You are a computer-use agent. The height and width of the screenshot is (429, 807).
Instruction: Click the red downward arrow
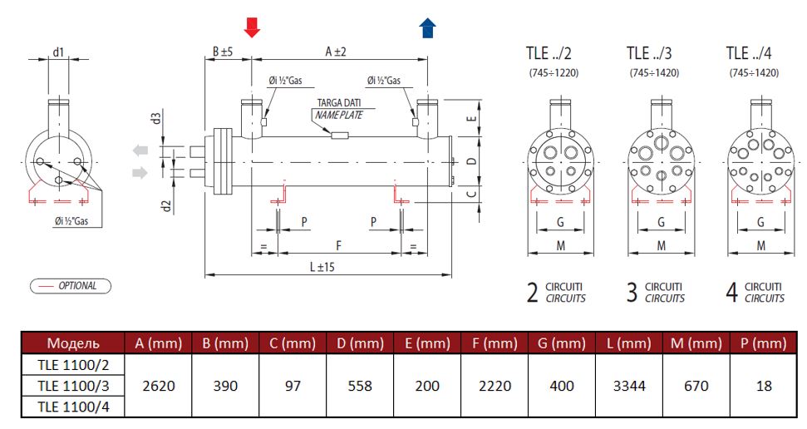coord(252,27)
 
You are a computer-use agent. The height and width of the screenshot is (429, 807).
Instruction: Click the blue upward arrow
coord(427,27)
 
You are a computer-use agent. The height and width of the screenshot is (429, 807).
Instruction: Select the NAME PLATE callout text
coord(339,115)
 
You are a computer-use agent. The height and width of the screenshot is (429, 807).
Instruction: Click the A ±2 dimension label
coord(335,52)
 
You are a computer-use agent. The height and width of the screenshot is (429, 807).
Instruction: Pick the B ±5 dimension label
coord(222,52)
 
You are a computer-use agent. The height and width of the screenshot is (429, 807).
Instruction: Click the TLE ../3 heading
coord(648,53)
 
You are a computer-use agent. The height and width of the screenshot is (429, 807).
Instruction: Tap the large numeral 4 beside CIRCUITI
coord(732,293)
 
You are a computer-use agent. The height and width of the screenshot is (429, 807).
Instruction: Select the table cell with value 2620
coord(158,386)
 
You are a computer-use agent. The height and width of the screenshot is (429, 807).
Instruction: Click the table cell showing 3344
coord(628,386)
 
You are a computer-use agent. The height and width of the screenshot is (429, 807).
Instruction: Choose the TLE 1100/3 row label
coord(72,386)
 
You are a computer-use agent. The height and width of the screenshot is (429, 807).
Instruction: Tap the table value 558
coord(360,386)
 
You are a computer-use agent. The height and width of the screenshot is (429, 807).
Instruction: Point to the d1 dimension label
coord(58,52)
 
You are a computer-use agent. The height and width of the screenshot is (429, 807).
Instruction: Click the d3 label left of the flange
coord(155,118)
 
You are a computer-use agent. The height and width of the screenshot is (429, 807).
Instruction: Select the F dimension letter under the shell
coord(337,246)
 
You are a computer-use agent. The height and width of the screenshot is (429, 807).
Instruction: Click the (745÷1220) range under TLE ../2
coord(554,73)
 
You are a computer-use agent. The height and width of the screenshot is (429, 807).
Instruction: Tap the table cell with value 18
coord(764,386)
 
